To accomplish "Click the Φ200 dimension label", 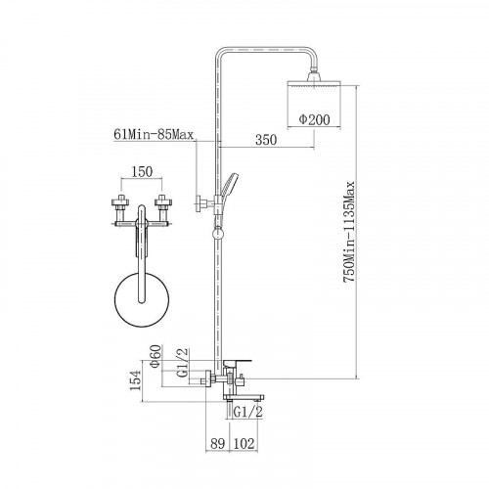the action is (x=314, y=119).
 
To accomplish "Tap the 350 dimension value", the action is (x=266, y=140).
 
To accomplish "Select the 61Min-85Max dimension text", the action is (x=154, y=134).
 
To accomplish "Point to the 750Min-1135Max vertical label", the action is (x=349, y=232).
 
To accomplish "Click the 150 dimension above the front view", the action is (x=142, y=172).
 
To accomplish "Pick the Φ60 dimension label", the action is (x=155, y=356).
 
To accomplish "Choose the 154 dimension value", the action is (x=135, y=380).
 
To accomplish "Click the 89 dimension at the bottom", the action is (x=217, y=444).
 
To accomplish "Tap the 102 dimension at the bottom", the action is (x=243, y=444).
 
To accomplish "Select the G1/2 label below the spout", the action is (x=248, y=412).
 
